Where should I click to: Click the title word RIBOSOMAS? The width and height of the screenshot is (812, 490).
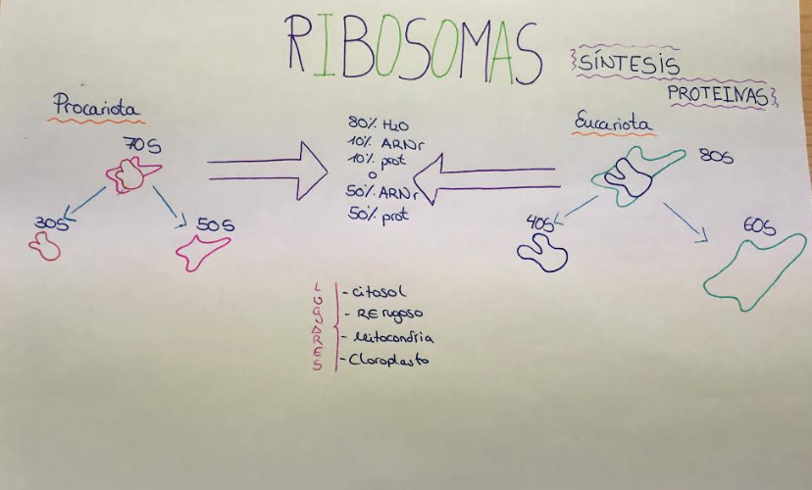pyautogui.click(x=412, y=50)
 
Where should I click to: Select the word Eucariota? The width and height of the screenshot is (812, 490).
pyautogui.click(x=614, y=125)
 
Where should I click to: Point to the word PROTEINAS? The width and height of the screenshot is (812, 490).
pyautogui.click(x=718, y=94)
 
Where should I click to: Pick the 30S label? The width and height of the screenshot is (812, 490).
pyautogui.click(x=46, y=223)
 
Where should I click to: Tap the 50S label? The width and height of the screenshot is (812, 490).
pyautogui.click(x=215, y=225)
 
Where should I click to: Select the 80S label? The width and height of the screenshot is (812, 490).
pyautogui.click(x=716, y=156)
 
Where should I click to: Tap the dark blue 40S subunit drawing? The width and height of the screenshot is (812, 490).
pyautogui.click(x=542, y=254)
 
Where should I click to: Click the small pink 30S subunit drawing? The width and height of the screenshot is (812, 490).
pyautogui.click(x=45, y=247)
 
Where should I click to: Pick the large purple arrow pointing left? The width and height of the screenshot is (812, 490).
pyautogui.click(x=486, y=177)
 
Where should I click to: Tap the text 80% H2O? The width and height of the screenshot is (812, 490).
pyautogui.click(x=376, y=124)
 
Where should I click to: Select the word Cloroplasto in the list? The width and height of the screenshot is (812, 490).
pyautogui.click(x=388, y=360)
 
